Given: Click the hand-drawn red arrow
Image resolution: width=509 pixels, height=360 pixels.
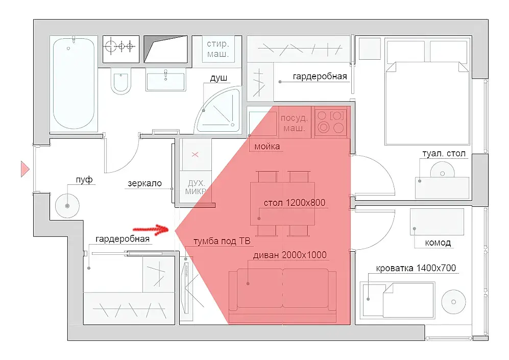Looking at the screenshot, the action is (x=152, y=229).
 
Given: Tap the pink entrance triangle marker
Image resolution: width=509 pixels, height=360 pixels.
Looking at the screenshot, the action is (x=25, y=169).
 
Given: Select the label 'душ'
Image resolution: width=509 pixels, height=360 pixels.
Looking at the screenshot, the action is (x=219, y=78).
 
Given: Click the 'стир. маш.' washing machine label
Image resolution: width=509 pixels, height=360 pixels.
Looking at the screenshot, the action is (x=218, y=49).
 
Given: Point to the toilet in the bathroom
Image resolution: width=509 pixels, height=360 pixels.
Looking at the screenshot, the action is (x=120, y=81).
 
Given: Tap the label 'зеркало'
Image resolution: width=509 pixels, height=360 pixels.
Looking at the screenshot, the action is (x=145, y=183).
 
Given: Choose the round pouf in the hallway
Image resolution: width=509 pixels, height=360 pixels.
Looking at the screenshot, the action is (x=67, y=206).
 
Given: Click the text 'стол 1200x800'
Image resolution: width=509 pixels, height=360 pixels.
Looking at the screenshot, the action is (x=295, y=203).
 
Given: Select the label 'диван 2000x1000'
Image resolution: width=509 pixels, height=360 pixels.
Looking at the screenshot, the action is (x=290, y=255).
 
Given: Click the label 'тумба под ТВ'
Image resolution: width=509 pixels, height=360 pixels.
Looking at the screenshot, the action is (x=222, y=241).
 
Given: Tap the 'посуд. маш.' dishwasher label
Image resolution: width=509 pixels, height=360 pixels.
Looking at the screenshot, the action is (x=294, y=124).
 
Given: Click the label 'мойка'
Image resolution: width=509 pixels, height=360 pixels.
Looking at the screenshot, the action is (x=267, y=147).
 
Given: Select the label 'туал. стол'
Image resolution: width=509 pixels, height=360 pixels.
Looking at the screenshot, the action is (x=444, y=153).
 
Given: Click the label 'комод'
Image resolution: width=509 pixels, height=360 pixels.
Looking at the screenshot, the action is (x=438, y=243).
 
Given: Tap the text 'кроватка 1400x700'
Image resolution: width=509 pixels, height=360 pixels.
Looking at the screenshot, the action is (x=416, y=268).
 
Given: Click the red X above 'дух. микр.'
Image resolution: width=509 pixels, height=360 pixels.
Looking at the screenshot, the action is (x=195, y=155).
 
